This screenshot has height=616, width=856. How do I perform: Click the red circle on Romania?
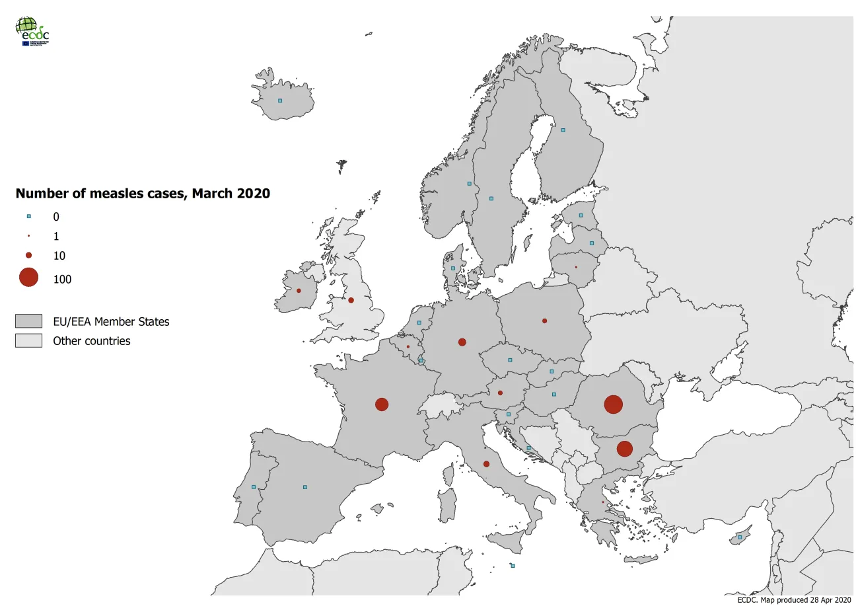[613, 404]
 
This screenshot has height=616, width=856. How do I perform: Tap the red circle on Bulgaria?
[624, 449]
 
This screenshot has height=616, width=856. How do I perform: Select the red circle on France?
[382, 404]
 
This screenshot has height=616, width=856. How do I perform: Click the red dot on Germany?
[462, 342]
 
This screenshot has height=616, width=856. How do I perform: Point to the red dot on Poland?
[544, 321]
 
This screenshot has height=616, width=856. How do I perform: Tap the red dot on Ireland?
[299, 291]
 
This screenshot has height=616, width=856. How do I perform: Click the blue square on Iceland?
[280, 100]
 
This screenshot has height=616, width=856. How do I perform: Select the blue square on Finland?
[563, 130]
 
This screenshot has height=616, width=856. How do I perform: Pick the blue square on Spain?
[304, 487]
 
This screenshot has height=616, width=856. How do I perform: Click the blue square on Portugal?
[254, 487]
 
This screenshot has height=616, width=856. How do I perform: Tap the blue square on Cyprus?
[740, 537]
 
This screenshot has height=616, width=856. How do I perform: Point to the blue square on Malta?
[513, 566]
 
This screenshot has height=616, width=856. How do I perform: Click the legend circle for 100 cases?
[28, 278]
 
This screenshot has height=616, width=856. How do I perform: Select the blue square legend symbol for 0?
[28, 216]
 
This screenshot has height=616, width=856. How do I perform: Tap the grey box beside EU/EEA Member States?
[28, 321]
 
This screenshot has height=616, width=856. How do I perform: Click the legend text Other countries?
[92, 341]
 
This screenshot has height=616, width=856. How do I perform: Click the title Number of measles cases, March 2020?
[143, 194]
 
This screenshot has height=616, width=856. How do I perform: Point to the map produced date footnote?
[794, 600]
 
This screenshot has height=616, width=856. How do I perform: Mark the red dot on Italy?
[486, 464]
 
